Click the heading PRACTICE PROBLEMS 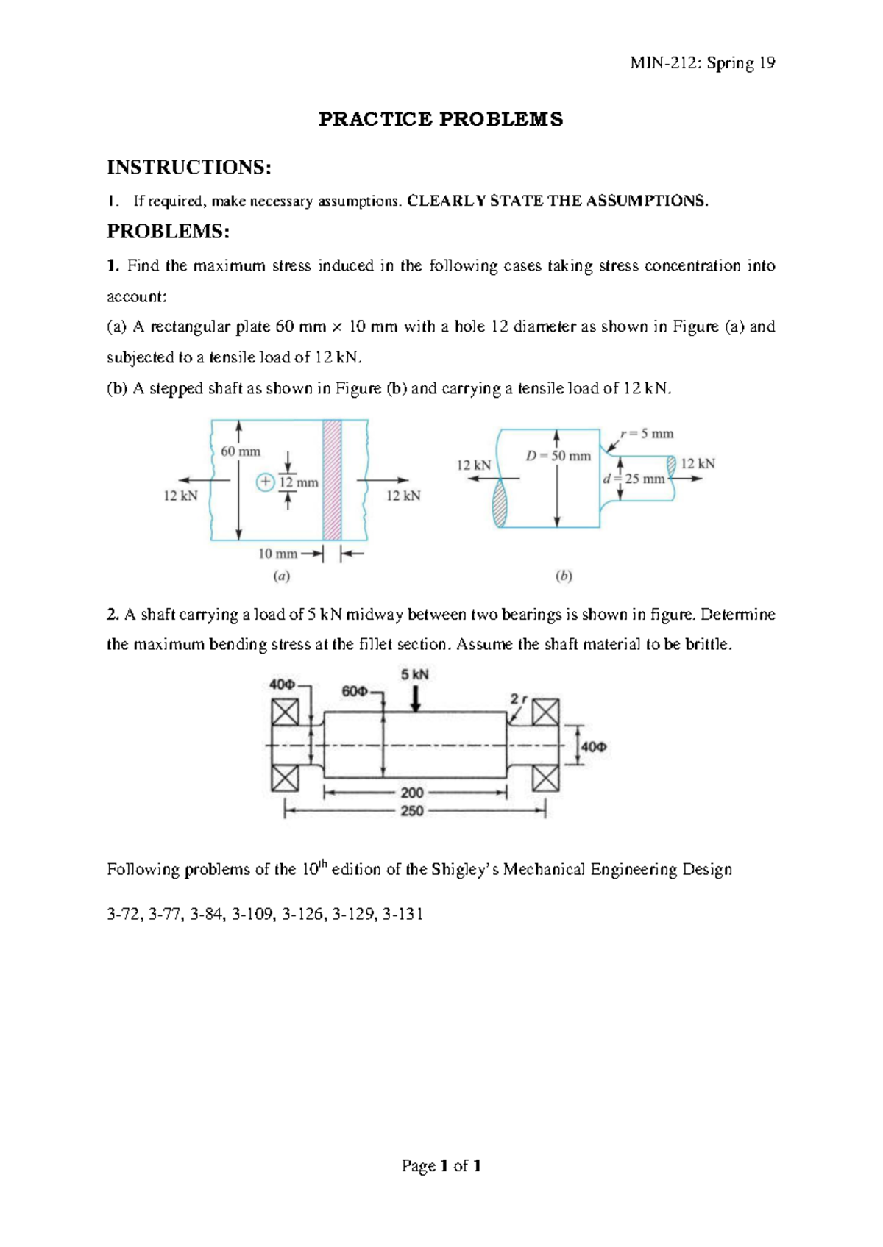pyautogui.click(x=440, y=120)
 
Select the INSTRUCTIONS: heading pyautogui.click(x=189, y=168)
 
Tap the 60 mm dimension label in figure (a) pyautogui.click(x=241, y=451)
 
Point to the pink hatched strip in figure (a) pyautogui.click(x=332, y=479)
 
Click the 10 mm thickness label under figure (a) pyautogui.click(x=277, y=554)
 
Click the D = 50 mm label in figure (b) pyautogui.click(x=558, y=456)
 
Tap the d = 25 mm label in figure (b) pyautogui.click(x=634, y=479)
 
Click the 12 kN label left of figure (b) pyautogui.click(x=473, y=465)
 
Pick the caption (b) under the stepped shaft pyautogui.click(x=564, y=577)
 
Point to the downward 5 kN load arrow pyautogui.click(x=416, y=698)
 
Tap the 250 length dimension pyautogui.click(x=412, y=810)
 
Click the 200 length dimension pyautogui.click(x=412, y=793)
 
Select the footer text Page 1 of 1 pyautogui.click(x=441, y=1165)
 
